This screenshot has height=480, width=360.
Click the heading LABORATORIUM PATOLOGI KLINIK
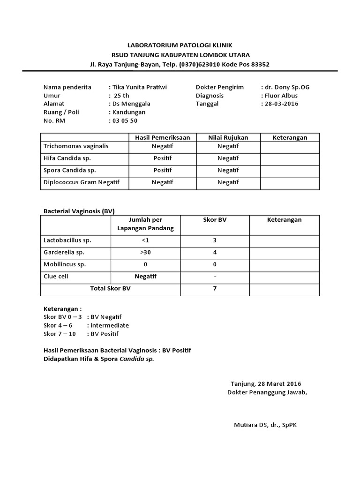180,45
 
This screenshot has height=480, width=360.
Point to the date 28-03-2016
281,104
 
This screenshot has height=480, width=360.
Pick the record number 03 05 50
124,120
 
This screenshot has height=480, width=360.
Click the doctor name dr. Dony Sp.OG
287,87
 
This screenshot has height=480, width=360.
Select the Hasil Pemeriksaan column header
162,137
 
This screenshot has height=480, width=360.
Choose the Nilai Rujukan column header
228,137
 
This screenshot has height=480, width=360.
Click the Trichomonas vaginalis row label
76,146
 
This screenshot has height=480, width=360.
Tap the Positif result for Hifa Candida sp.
162,158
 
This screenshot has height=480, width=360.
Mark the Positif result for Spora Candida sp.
162,170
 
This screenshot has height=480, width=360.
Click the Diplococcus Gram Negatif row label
82,182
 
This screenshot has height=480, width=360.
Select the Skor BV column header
215,220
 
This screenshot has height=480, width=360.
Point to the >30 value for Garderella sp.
145,252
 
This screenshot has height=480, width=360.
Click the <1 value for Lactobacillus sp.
145,240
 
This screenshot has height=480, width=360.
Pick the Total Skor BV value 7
215,289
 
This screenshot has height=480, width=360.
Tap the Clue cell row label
56,277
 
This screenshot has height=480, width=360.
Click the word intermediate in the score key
110,325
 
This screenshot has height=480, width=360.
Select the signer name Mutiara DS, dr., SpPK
269,425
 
